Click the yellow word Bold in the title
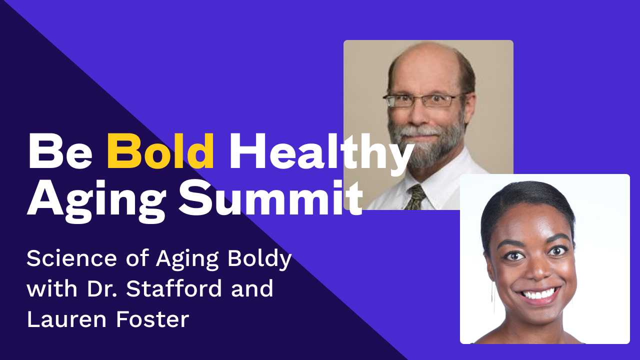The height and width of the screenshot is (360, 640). coord(160,150)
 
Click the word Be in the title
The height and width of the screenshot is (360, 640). coord(60,151)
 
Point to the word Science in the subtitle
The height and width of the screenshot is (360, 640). coord(71,258)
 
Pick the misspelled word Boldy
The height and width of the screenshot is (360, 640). coord(259,259)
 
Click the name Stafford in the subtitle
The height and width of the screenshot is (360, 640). coord(174,288)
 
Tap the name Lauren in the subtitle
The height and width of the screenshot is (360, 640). coord(66,319)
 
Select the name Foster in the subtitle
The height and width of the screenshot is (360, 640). coord(152,319)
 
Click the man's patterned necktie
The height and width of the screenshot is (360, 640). coord(415,197)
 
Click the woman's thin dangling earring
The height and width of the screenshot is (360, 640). coord(493,297)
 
